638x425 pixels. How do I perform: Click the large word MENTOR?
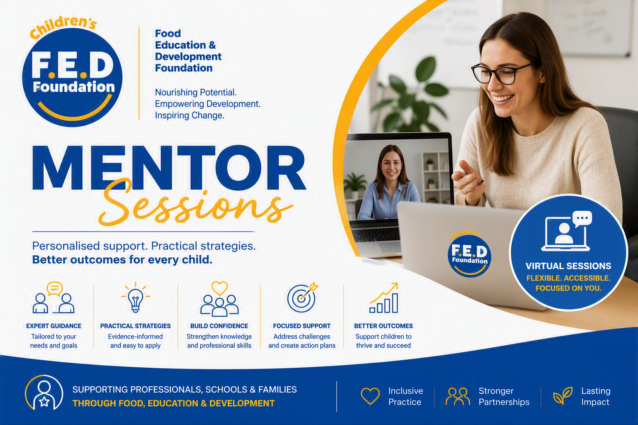point(169,168)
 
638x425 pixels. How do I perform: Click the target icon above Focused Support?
point(302,298)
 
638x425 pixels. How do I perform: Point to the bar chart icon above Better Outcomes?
point(384,298)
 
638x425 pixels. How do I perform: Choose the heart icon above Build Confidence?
point(219,288)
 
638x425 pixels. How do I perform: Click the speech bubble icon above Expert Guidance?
point(55,288)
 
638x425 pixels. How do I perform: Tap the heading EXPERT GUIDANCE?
point(54,326)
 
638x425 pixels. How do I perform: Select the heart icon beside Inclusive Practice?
point(370,396)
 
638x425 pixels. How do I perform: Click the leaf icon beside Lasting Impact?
point(563,396)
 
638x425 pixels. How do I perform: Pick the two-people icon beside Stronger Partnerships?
point(458,396)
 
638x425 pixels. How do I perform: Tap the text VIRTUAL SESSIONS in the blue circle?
point(568,266)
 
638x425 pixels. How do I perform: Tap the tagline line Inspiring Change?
point(189,115)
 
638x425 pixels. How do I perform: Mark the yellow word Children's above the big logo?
point(63,27)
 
